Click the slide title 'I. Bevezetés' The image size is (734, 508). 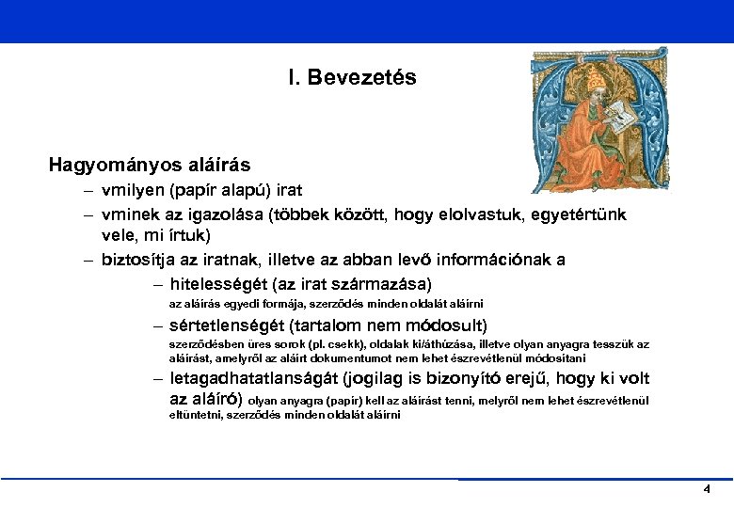pos(353,77)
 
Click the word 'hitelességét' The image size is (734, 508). pos(222,283)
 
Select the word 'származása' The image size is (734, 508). pos(384,283)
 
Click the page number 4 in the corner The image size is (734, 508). pos(706,490)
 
